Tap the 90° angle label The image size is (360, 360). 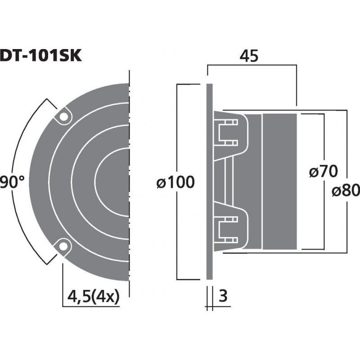click(x=12, y=182)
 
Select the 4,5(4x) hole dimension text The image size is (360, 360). click(x=94, y=297)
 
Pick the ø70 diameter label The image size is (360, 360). click(x=324, y=171)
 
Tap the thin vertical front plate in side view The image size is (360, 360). click(x=210, y=180)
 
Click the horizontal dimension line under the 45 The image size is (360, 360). click(x=252, y=65)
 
